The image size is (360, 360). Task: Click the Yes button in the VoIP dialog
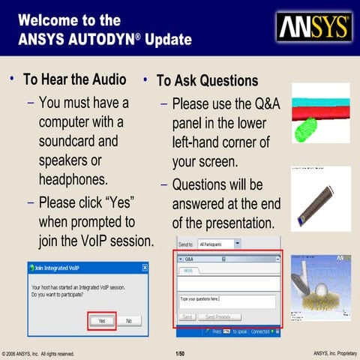101,320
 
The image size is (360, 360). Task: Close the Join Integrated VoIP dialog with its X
145,268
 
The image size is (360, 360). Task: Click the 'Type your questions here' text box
227,301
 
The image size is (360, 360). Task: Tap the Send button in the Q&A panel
188,317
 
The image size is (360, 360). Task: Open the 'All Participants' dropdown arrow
237,244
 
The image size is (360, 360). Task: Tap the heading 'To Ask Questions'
207,81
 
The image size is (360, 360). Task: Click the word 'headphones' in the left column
73,179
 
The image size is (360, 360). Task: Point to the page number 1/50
180,352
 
